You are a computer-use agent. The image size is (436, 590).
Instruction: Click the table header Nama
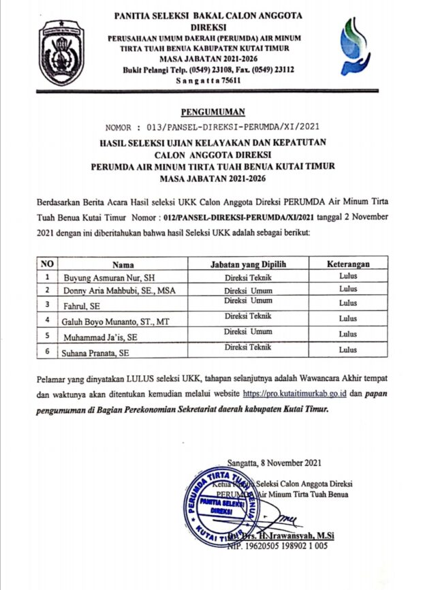123,264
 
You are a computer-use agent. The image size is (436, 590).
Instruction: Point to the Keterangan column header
347,264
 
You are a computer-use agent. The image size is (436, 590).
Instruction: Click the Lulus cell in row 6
347,350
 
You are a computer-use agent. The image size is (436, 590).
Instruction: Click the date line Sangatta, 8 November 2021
281,461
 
